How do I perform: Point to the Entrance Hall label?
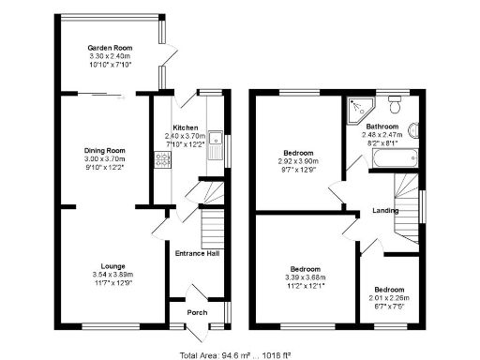tap(197, 253)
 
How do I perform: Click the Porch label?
tap(197, 312)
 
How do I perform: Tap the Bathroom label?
tap(382, 127)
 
